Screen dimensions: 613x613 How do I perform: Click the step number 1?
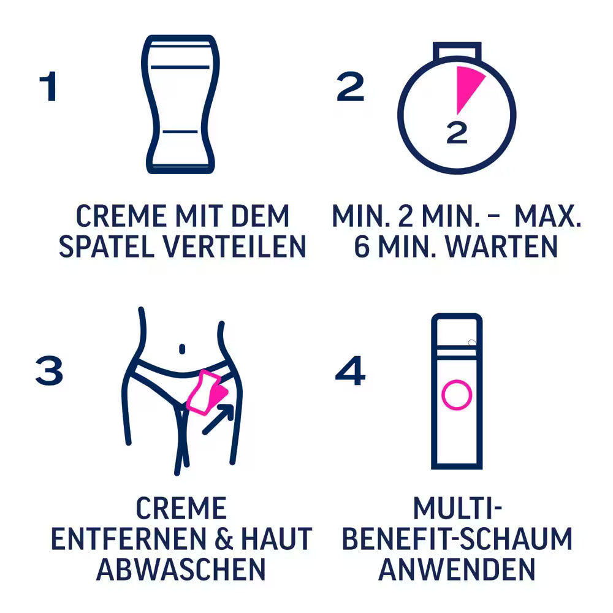(48, 88)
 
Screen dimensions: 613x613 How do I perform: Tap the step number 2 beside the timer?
(350, 88)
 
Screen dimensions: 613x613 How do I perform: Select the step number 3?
(49, 371)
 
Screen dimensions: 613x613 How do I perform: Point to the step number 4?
(350, 371)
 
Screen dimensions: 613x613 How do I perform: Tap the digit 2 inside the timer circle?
(457, 133)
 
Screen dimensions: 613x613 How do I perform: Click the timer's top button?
(457, 50)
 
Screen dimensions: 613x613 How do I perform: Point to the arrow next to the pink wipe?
(219, 418)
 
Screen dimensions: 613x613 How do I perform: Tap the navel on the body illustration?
(181, 349)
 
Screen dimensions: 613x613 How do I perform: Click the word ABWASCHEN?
(181, 569)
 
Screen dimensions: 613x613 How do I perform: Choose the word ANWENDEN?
(457, 569)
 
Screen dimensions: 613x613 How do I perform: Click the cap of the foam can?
(457, 331)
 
